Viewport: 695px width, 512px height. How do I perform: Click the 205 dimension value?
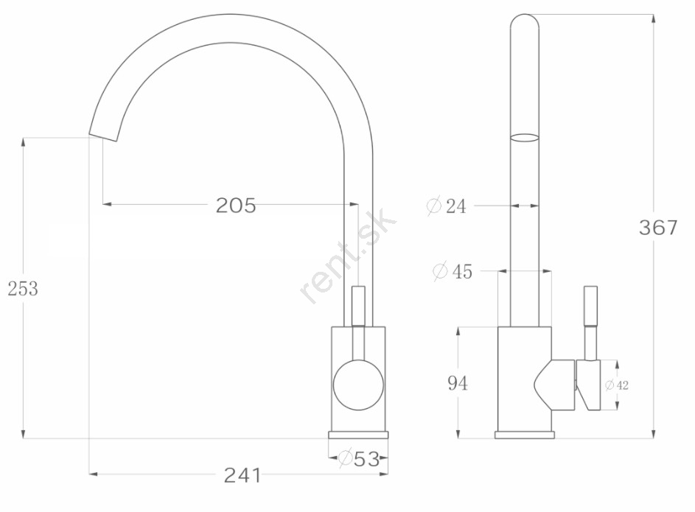236,206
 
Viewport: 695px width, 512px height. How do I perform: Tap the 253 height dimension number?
23,289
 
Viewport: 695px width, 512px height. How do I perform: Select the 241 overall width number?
242,475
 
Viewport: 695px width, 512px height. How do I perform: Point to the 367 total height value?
658,228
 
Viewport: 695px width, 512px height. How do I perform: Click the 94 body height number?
458,383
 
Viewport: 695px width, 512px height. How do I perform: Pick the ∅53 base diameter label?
359,458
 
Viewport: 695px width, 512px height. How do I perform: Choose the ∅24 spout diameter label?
447,206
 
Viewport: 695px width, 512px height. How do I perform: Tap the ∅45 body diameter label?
453,271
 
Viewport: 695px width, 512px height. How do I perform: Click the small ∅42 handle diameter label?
617,385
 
